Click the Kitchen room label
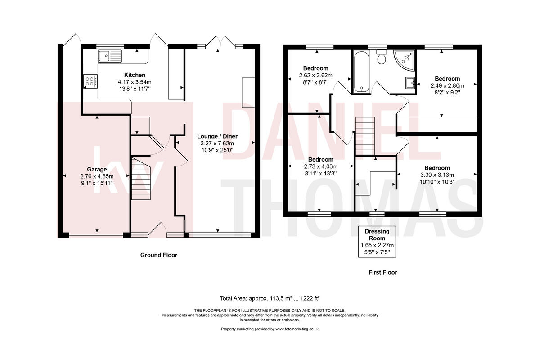(135, 75)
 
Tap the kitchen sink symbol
(110, 56)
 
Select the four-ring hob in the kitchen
(89, 81)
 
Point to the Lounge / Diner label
(217, 136)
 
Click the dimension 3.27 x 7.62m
(217, 144)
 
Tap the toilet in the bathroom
(382, 57)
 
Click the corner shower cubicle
(404, 59)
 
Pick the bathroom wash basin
(410, 83)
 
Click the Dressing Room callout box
(377, 242)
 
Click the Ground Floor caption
(158, 255)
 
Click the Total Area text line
(270, 298)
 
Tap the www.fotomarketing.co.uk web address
(297, 329)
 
